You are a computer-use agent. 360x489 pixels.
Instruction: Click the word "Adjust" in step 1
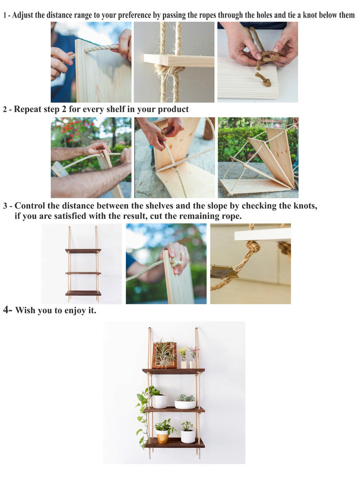(23, 15)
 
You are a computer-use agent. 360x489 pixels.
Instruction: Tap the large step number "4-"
(8, 309)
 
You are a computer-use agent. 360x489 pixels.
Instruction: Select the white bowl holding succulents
(185, 405)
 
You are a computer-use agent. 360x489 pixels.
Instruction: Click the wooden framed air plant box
(164, 355)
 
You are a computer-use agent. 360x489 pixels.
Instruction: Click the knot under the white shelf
(253, 246)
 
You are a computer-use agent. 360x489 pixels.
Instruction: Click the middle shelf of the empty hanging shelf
(83, 273)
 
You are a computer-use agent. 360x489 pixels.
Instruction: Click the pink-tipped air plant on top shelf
(194, 353)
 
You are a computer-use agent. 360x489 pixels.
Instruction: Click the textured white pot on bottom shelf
(188, 436)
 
